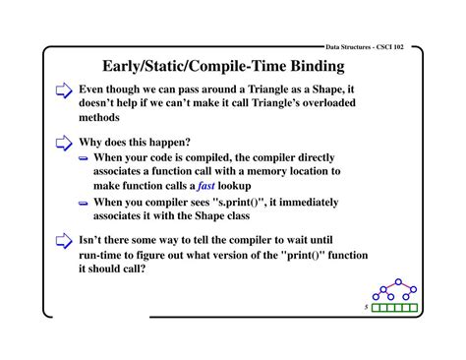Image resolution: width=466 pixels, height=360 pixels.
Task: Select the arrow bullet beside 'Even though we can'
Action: tap(64, 91)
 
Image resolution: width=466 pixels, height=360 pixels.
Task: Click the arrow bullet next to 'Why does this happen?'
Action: tap(64, 141)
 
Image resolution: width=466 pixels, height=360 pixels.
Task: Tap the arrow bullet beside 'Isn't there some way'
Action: tap(64, 239)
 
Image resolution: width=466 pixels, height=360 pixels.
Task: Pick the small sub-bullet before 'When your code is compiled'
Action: tap(85, 156)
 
